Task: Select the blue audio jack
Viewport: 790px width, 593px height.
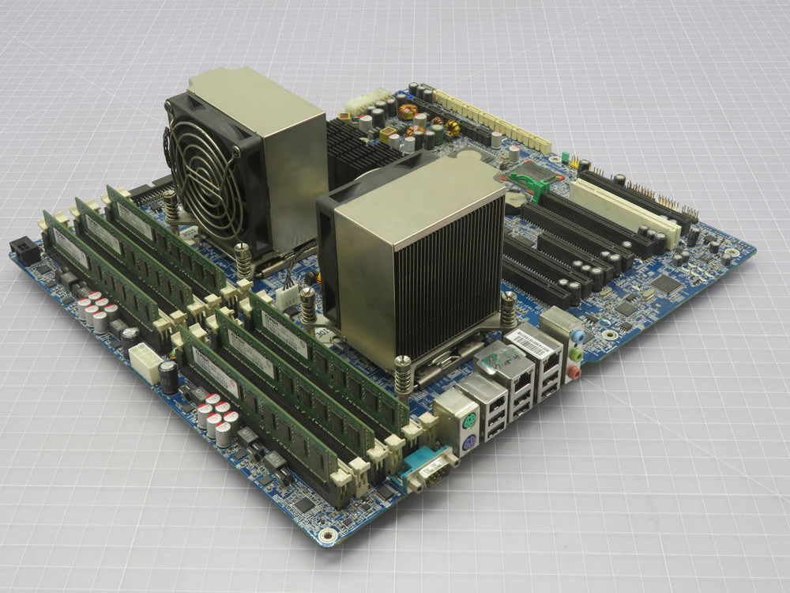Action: coord(578,335)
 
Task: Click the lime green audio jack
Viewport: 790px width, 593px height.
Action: coord(577,353)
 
